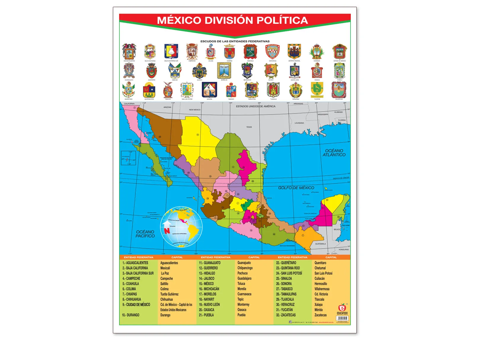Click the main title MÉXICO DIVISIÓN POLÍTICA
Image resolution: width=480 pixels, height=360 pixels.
(x=233, y=20)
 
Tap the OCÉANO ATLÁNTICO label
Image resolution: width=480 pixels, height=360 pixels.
(x=334, y=153)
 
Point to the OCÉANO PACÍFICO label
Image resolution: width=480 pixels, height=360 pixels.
(x=145, y=234)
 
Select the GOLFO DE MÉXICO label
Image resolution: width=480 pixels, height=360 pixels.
(x=296, y=188)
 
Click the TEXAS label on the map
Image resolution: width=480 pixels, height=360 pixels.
(x=249, y=127)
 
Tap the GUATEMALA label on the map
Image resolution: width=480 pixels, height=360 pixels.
(x=320, y=244)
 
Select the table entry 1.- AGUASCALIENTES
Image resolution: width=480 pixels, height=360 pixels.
(x=135, y=263)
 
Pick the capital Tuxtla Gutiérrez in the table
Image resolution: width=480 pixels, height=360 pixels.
(x=169, y=294)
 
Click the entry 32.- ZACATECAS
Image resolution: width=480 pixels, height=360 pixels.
(x=286, y=315)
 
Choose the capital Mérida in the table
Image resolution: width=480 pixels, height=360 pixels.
(x=319, y=310)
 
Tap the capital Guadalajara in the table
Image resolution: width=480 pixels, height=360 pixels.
(x=244, y=279)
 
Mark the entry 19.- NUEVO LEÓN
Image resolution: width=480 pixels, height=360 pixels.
(x=209, y=305)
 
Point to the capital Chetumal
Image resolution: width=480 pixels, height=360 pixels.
(x=320, y=268)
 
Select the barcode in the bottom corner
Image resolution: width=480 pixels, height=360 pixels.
(x=342, y=319)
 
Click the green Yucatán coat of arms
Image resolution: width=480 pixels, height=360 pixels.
(x=317, y=89)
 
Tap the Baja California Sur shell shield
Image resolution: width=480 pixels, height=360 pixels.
(x=171, y=52)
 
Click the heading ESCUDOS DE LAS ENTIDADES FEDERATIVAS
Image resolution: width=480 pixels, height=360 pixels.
(x=235, y=41)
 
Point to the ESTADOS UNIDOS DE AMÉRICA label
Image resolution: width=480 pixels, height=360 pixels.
(x=255, y=106)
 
